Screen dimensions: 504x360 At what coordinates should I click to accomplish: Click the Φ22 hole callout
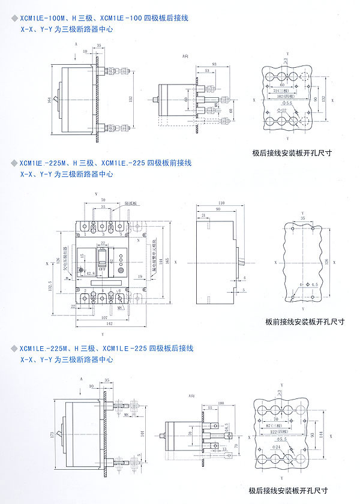282,112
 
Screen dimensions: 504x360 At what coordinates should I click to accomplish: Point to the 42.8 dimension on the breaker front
91,274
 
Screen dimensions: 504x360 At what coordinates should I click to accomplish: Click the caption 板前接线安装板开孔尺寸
305,321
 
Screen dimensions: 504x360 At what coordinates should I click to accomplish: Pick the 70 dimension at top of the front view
103,199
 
